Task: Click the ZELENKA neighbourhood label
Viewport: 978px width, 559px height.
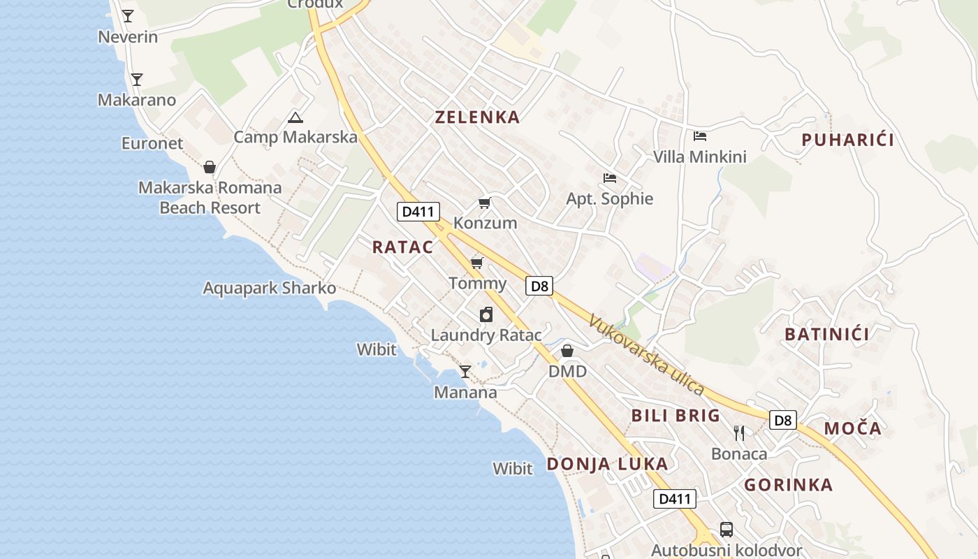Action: (x=478, y=117)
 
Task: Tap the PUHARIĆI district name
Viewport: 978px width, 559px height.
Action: (x=847, y=140)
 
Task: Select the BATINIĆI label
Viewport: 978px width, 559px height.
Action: (x=827, y=334)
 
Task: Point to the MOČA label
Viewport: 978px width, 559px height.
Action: (x=853, y=428)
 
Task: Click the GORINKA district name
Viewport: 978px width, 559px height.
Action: (x=788, y=485)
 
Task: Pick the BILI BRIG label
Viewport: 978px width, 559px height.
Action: (x=676, y=416)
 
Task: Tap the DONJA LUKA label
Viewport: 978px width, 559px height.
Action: (x=607, y=464)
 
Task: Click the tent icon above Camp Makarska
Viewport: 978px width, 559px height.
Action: (x=295, y=117)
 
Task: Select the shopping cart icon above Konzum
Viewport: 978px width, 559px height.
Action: (x=484, y=203)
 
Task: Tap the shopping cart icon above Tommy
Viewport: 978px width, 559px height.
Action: (x=477, y=263)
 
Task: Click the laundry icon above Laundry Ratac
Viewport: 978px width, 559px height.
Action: (x=486, y=314)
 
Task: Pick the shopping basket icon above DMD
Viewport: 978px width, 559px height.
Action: (x=567, y=351)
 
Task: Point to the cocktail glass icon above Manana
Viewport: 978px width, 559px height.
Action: (x=465, y=372)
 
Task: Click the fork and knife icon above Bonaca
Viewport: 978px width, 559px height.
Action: (x=739, y=433)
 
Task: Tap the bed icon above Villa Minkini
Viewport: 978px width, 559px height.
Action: (x=700, y=136)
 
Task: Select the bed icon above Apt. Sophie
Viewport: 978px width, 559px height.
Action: (x=610, y=178)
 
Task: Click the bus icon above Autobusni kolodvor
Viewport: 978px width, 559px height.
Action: (x=727, y=530)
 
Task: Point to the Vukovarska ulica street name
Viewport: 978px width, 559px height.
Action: (x=645, y=356)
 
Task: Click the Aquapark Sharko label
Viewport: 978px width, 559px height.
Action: (x=269, y=288)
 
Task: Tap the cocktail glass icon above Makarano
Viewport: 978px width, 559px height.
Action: (x=137, y=80)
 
